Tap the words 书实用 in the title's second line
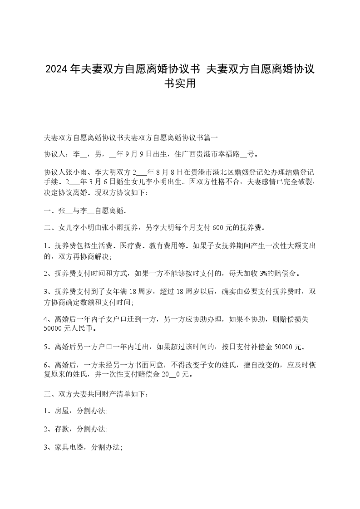pyautogui.click(x=180, y=83)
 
